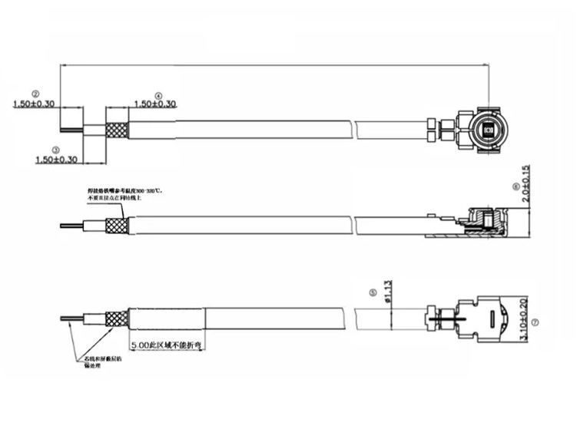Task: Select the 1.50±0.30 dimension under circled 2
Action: pyautogui.click(x=34, y=104)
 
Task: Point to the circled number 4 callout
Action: pyautogui.click(x=159, y=93)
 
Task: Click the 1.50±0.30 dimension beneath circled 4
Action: pyautogui.click(x=155, y=104)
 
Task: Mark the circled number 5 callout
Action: pyautogui.click(x=373, y=292)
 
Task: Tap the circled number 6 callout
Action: pyautogui.click(x=516, y=186)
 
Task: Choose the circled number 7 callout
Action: pyautogui.click(x=536, y=323)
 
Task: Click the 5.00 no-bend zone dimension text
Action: pyautogui.click(x=166, y=346)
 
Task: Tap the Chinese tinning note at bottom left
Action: pyautogui.click(x=101, y=361)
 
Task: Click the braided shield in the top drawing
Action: pyautogui.click(x=117, y=130)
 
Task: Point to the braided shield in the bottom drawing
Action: pyautogui.click(x=115, y=318)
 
